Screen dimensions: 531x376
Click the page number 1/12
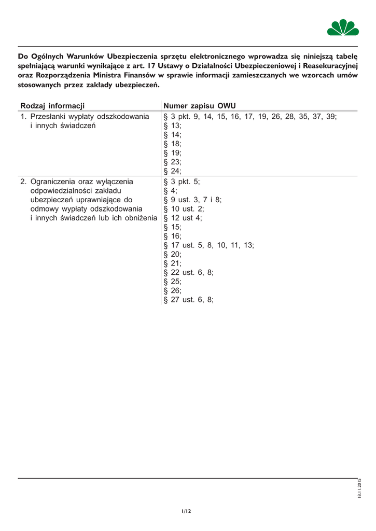pyautogui.click(x=187, y=511)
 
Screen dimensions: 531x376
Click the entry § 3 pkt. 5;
pyautogui.click(x=182, y=182)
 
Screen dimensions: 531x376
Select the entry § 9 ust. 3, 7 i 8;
pyautogui.click(x=192, y=200)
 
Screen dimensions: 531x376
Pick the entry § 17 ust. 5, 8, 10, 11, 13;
pyautogui.click(x=208, y=245)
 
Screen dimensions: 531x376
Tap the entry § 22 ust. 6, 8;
pyautogui.click(x=188, y=272)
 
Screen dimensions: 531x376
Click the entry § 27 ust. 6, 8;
pyautogui.click(x=188, y=299)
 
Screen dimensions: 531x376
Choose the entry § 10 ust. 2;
pyautogui.click(x=184, y=209)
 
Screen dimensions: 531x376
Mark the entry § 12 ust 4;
pyautogui.click(x=183, y=218)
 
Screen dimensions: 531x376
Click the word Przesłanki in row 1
pyautogui.click(x=51, y=116)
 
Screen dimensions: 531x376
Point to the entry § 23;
pyautogui.click(x=173, y=162)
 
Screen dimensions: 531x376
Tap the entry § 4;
pyautogui.click(x=171, y=191)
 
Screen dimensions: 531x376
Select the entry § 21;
pyautogui.click(x=173, y=263)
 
